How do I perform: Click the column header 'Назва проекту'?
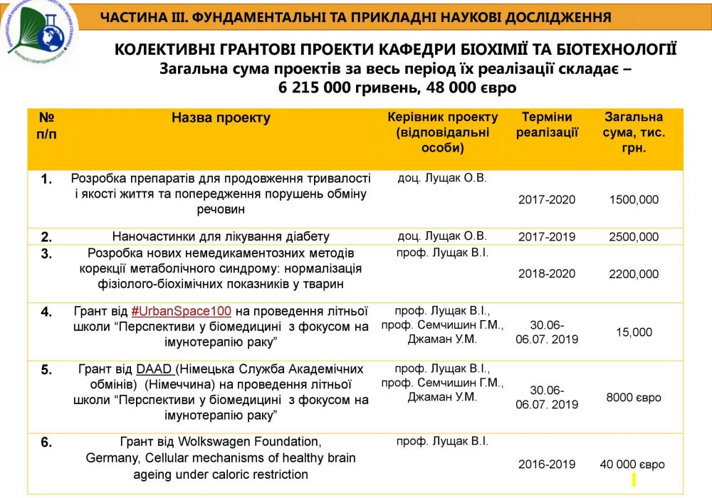point(221,118)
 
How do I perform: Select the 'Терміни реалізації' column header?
point(547,124)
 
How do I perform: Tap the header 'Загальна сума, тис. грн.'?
point(634,132)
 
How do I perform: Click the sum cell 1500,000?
point(634,200)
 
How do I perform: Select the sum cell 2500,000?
point(634,237)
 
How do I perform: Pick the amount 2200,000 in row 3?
point(634,274)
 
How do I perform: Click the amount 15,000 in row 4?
point(634,332)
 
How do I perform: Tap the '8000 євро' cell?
point(634,397)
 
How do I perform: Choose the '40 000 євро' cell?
point(632,464)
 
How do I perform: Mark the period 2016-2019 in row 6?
point(547,464)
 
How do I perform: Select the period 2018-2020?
point(547,274)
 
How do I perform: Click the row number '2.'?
point(46,237)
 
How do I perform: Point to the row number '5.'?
point(46,370)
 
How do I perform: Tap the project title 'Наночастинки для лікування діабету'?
point(221,237)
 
